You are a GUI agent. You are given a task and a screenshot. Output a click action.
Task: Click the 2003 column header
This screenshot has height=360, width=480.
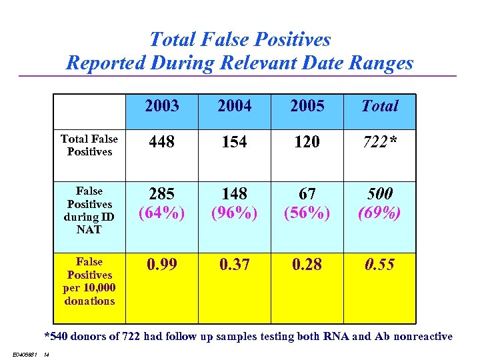(162, 106)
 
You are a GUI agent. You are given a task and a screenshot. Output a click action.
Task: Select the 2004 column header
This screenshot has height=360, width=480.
(235, 106)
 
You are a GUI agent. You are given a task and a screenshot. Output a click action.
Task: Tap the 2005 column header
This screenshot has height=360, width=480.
(307, 106)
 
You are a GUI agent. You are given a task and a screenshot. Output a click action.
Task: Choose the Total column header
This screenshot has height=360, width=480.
(379, 106)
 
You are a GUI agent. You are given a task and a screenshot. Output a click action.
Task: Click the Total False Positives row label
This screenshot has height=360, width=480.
(89, 145)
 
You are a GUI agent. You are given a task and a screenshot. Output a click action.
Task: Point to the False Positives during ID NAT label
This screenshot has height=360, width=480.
(89, 210)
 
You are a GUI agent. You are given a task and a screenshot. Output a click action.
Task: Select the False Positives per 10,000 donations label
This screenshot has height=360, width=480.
(89, 281)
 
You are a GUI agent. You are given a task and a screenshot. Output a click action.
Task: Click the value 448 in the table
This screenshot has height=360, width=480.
(162, 142)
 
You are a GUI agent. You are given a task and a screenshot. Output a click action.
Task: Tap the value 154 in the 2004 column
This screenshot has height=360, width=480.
(235, 142)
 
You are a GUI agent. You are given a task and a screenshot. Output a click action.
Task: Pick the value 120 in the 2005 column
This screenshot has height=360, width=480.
(307, 142)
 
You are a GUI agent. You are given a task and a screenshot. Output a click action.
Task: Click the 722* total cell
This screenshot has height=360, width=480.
(379, 142)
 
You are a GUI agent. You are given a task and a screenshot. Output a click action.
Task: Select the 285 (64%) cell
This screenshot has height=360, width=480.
(162, 203)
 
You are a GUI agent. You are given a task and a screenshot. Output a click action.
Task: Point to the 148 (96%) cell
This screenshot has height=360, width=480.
(235, 203)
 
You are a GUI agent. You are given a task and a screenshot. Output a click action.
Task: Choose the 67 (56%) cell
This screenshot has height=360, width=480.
(307, 203)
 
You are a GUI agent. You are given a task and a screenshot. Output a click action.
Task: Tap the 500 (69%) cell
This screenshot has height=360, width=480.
(379, 203)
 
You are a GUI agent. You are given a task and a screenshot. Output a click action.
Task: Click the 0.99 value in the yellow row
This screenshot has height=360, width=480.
(162, 265)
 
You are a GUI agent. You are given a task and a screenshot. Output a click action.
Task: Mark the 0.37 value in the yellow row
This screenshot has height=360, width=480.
(235, 265)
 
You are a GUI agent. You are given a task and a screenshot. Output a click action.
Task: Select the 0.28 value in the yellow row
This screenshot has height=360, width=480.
(307, 265)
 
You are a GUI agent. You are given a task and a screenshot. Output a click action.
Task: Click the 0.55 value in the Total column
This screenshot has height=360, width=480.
(379, 265)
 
